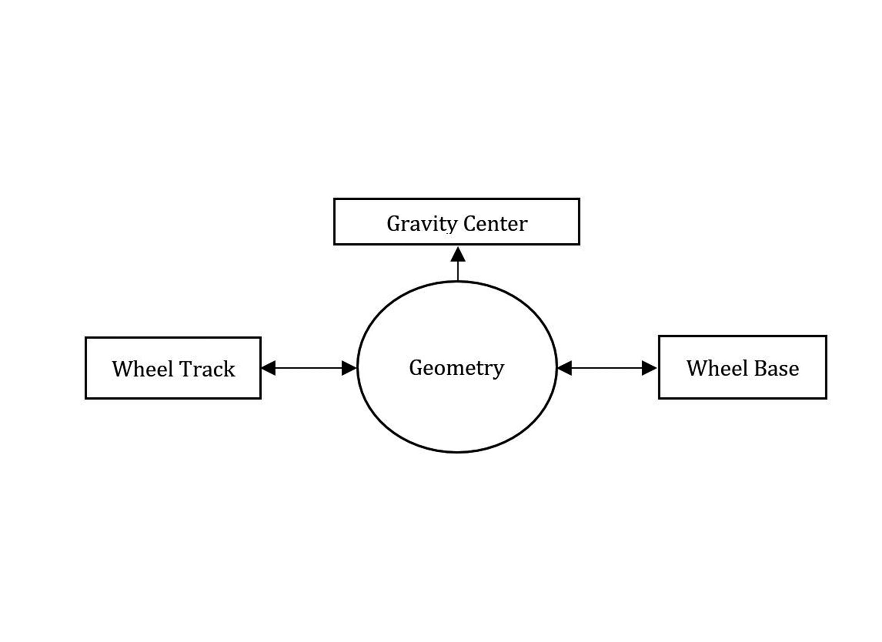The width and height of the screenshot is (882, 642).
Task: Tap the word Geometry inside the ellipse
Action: pyautogui.click(x=456, y=368)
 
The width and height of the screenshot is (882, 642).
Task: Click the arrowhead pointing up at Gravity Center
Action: pyautogui.click(x=458, y=255)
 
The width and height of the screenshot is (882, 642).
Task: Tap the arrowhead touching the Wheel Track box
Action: pyautogui.click(x=269, y=368)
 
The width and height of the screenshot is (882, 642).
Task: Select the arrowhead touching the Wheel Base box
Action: pyautogui.click(x=649, y=368)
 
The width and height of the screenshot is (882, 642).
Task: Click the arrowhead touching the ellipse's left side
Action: pyautogui.click(x=349, y=368)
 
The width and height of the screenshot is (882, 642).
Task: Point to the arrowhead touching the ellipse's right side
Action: pyautogui.click(x=565, y=368)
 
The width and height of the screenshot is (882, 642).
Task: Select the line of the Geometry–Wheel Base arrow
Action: pyautogui.click(x=606, y=368)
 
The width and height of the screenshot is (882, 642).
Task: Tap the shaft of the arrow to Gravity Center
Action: pyautogui.click(x=458, y=271)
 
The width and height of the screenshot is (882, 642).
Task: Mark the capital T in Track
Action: pyautogui.click(x=191, y=369)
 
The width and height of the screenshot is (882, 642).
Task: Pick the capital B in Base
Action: pyautogui.click(x=761, y=368)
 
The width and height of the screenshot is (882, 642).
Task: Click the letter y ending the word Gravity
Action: pyautogui.click(x=452, y=226)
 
